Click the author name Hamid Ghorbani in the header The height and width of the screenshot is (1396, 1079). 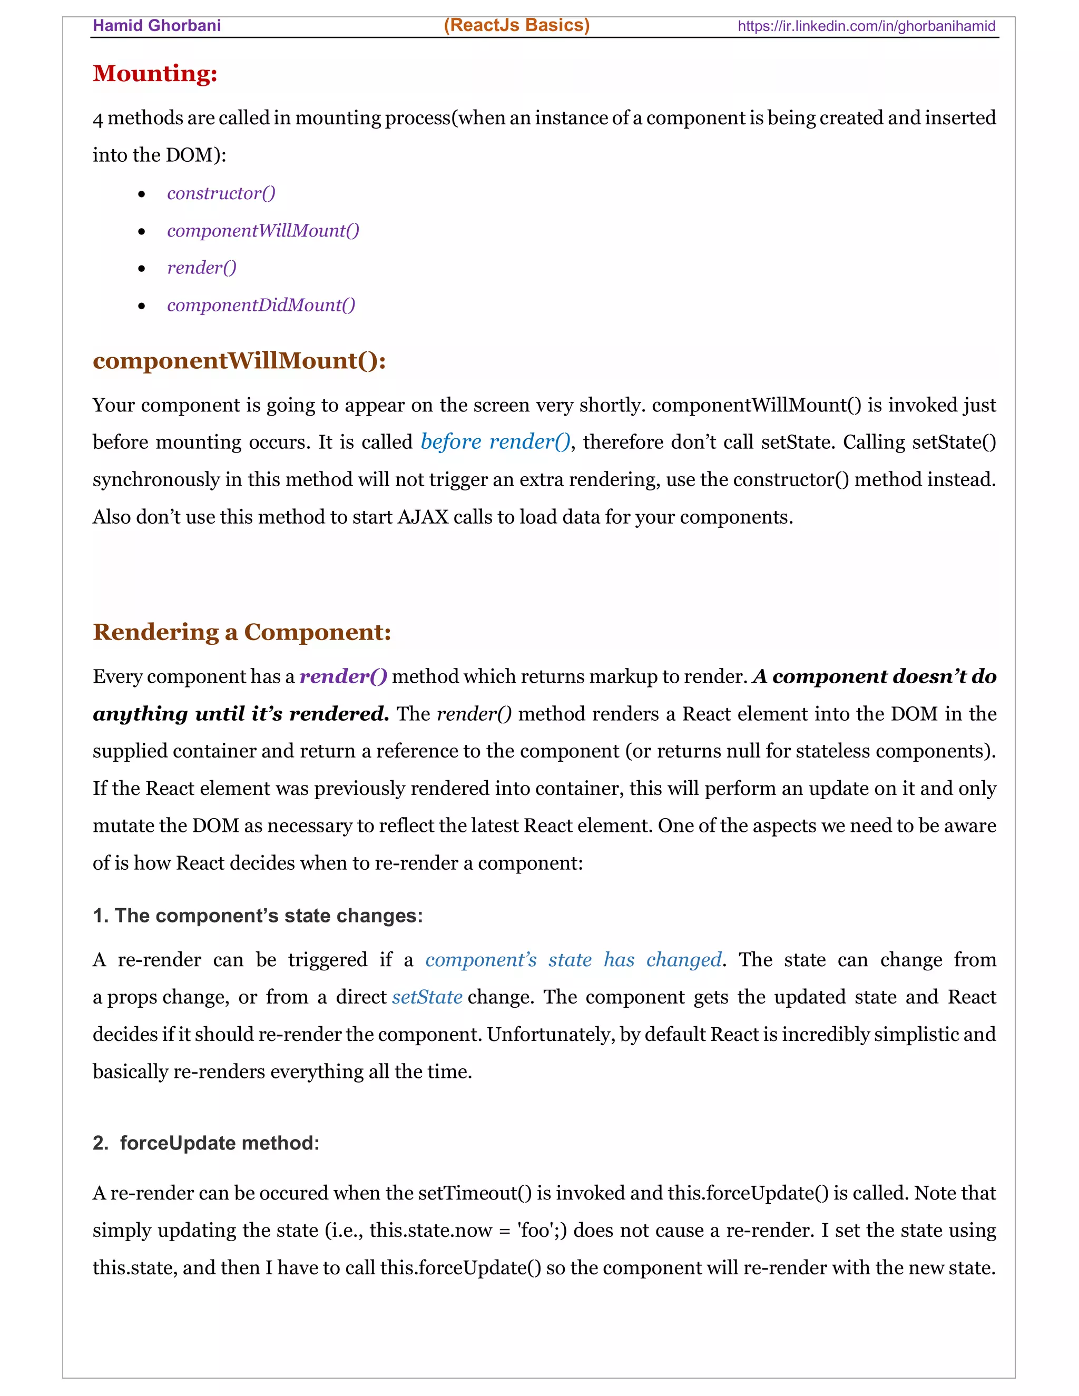point(156,26)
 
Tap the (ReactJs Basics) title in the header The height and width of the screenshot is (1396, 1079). point(516,25)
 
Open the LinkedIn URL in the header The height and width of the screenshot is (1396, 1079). point(866,26)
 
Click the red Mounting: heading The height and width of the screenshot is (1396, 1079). point(155,74)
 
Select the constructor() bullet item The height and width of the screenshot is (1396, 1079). point(221,193)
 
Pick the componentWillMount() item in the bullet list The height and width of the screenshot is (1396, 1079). point(263,230)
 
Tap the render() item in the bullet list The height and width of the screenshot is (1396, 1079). point(201,267)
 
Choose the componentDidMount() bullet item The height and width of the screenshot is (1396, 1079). point(261,305)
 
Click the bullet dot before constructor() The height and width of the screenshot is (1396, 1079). point(142,194)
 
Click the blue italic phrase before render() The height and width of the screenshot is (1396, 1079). point(495,441)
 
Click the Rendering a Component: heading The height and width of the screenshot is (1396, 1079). point(242,632)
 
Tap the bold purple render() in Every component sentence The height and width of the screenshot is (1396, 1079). point(344,676)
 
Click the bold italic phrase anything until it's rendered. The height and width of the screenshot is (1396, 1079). point(241,713)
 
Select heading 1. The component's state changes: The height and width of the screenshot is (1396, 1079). point(258,916)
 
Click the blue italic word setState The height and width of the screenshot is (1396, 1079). point(427,997)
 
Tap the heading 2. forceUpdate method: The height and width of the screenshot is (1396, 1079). point(206,1143)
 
